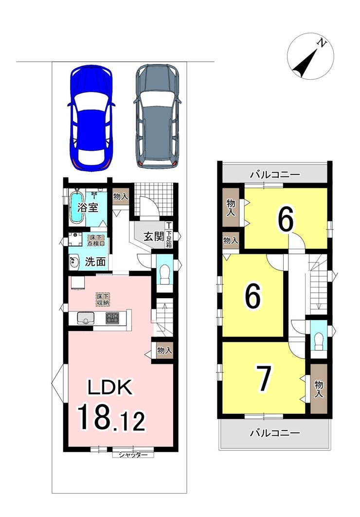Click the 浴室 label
tap(88, 208)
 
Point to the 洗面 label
tap(95, 262)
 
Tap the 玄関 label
tap(154, 236)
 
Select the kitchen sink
tap(86, 319)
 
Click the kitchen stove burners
tap(112, 318)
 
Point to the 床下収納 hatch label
tap(103, 299)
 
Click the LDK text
tap(110, 387)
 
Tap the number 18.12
tap(111, 417)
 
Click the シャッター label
tap(133, 455)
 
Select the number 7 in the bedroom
tap(264, 378)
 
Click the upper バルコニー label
tap(275, 175)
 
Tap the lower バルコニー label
tap(275, 432)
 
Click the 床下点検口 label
tap(96, 240)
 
